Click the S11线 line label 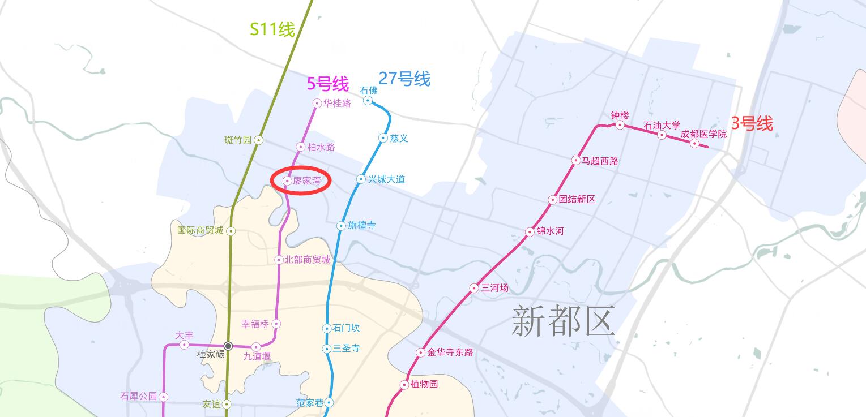272,29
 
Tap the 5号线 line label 328,84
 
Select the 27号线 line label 404,78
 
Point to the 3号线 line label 752,123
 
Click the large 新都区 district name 563,320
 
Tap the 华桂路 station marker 317,103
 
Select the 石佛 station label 369,91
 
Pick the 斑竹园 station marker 258,140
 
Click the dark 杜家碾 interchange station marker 228,346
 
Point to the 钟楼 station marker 620,124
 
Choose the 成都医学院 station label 703,134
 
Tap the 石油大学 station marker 662,135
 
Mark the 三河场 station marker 474,288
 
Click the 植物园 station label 424,384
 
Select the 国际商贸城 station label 200,230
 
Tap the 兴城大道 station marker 361,179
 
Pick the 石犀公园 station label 139,396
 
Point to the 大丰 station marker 184,345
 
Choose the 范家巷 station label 310,403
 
